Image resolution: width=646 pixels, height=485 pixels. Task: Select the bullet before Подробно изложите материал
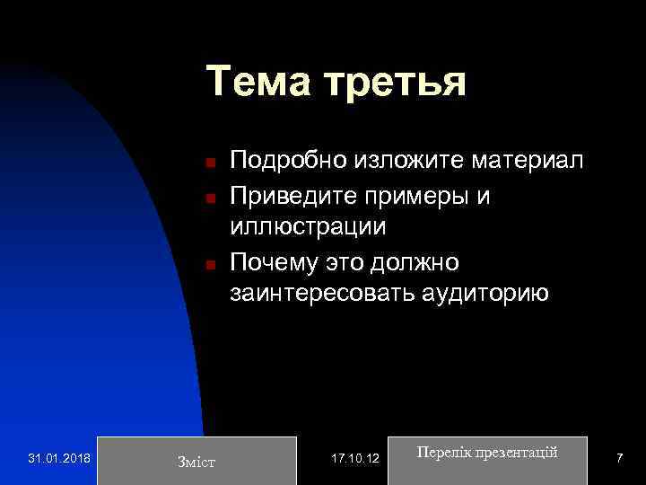tap(206, 163)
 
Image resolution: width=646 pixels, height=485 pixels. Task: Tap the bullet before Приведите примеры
tap(206, 197)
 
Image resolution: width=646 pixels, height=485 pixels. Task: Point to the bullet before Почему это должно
tap(206, 264)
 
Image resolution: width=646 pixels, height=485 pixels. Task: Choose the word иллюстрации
tap(308, 228)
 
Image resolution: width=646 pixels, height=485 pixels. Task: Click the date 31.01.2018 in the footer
tap(58, 459)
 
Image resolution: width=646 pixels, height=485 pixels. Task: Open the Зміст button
tap(196, 461)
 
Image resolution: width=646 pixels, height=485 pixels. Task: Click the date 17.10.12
tap(355, 459)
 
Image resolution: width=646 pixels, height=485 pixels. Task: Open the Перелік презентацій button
tap(487, 453)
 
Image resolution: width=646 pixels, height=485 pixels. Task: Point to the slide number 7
tap(619, 459)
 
